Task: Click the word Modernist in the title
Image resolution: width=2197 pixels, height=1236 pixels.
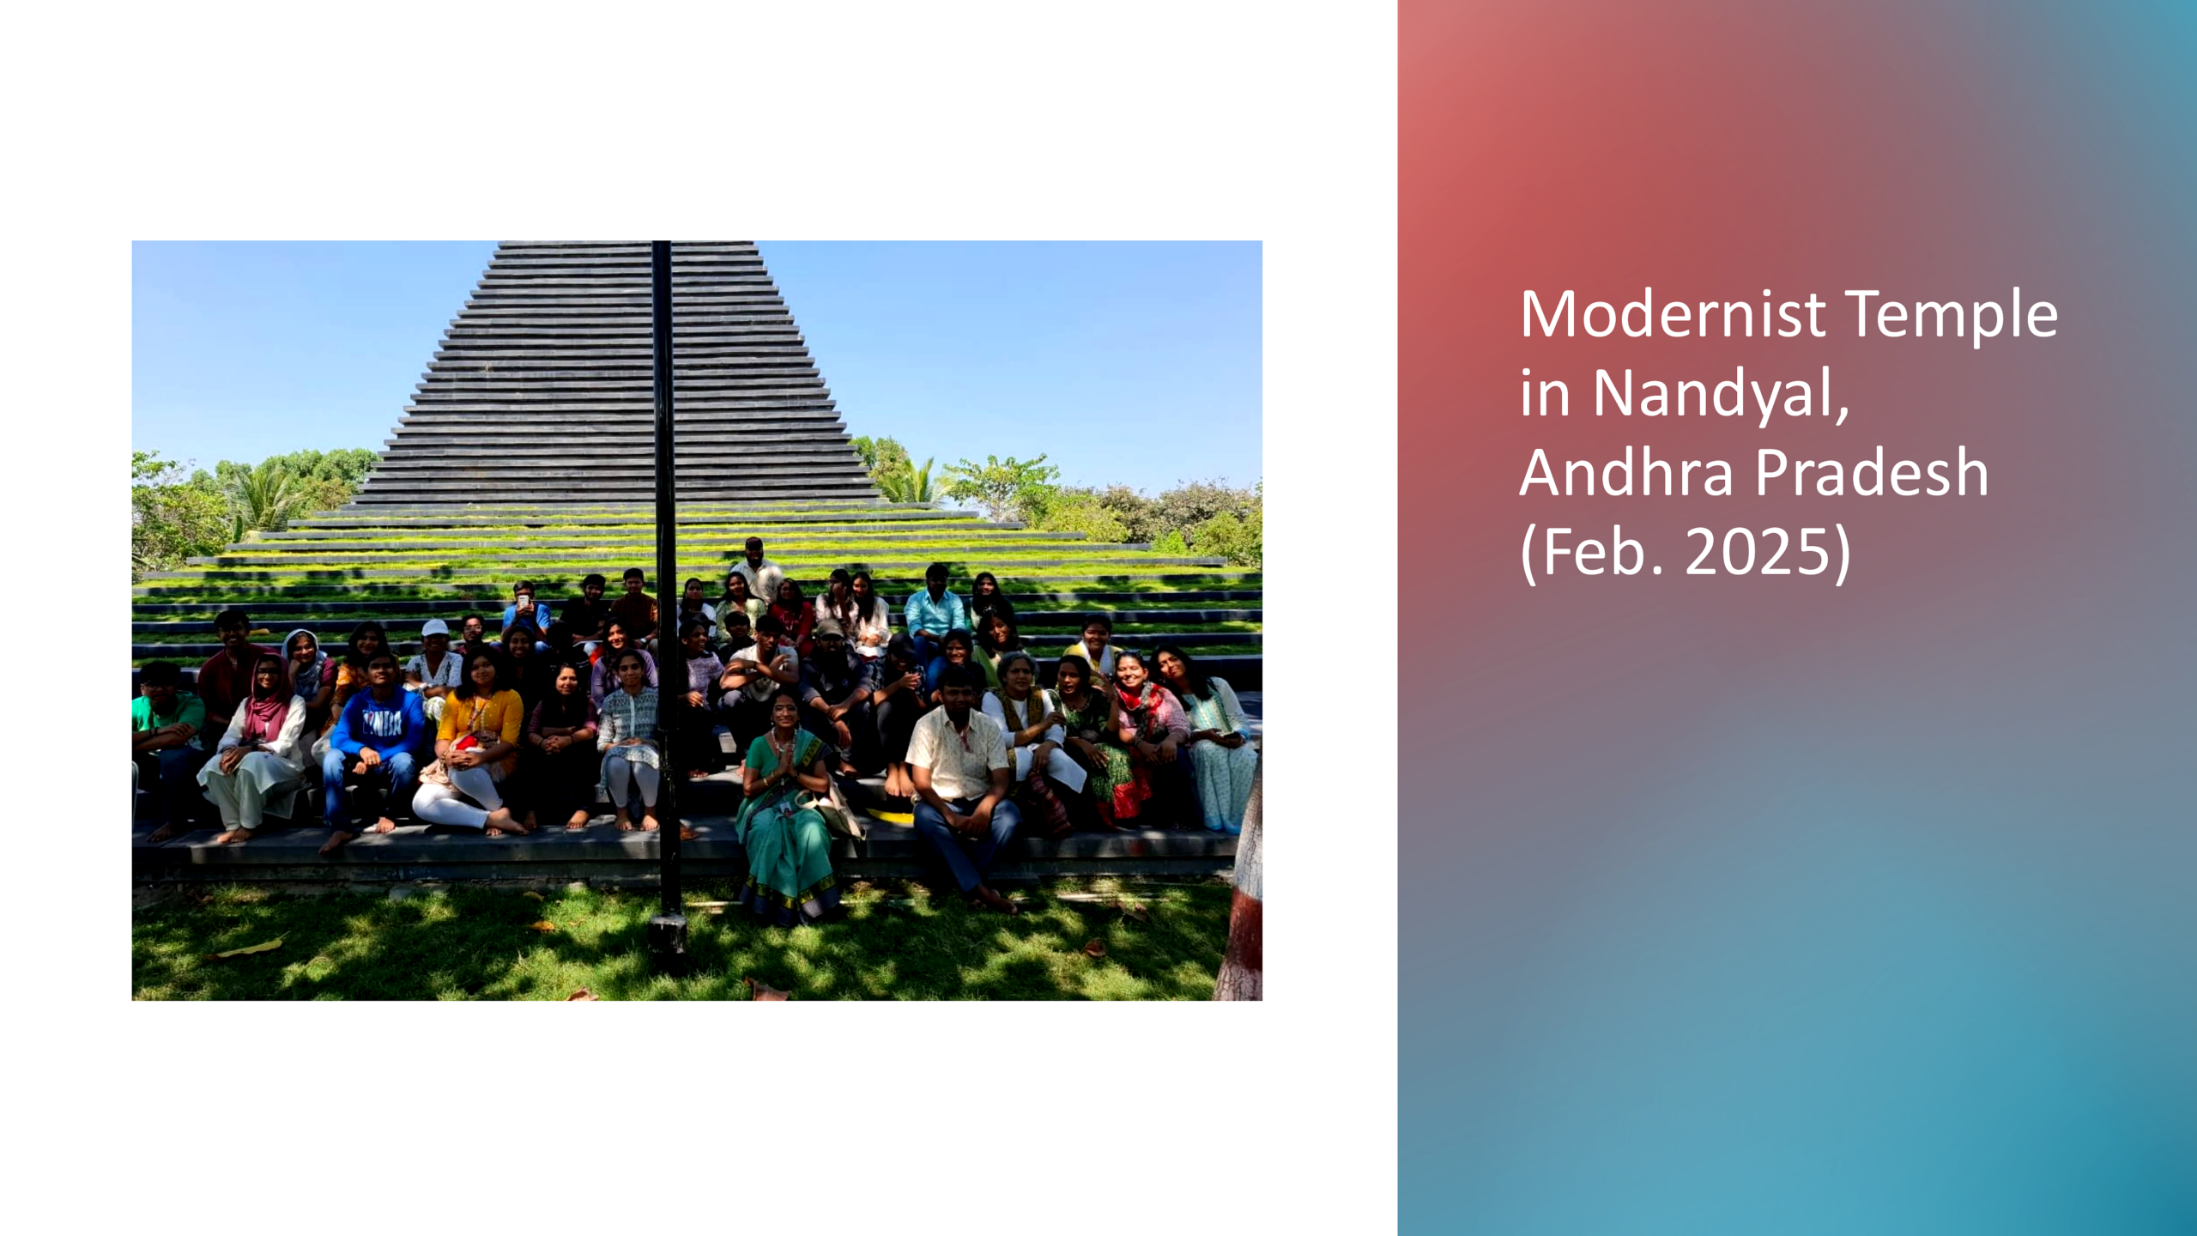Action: (1673, 314)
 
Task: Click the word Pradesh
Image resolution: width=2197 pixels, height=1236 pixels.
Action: (1871, 472)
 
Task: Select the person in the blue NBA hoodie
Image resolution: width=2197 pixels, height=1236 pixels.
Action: (375, 747)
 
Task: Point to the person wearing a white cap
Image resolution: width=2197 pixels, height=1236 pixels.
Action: (435, 661)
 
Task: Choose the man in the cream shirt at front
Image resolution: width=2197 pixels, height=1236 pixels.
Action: (961, 781)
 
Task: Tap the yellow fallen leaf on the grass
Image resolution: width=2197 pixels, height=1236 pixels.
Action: (251, 948)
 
